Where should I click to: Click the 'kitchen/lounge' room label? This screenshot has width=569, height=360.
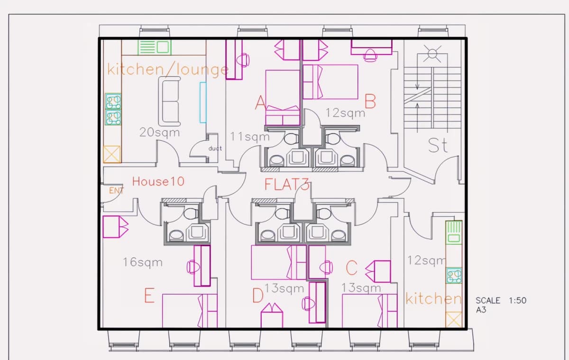168,70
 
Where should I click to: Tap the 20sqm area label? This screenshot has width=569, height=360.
159,133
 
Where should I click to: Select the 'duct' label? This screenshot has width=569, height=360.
215,148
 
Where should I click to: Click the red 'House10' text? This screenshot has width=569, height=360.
158,181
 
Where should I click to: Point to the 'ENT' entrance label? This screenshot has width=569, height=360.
116,191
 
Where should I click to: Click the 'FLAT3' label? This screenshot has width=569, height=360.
287,184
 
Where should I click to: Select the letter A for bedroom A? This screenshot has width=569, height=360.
260,103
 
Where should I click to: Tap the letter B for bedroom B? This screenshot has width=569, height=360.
370,102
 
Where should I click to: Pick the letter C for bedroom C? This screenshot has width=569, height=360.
351,268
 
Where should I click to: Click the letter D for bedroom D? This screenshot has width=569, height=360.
258,295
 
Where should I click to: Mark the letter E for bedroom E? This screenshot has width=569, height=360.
149,295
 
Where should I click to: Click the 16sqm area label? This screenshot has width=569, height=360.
143,262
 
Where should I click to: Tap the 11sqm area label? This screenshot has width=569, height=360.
250,137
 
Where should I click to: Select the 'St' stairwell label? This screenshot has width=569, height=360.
438,145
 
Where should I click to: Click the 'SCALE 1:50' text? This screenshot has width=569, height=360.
501,301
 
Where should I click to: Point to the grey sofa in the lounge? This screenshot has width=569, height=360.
169,102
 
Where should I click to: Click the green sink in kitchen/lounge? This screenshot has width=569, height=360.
155,47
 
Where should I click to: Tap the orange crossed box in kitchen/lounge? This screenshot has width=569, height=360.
112,154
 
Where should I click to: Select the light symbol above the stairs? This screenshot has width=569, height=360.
432,54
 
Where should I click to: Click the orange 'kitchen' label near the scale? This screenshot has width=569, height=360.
433,298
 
